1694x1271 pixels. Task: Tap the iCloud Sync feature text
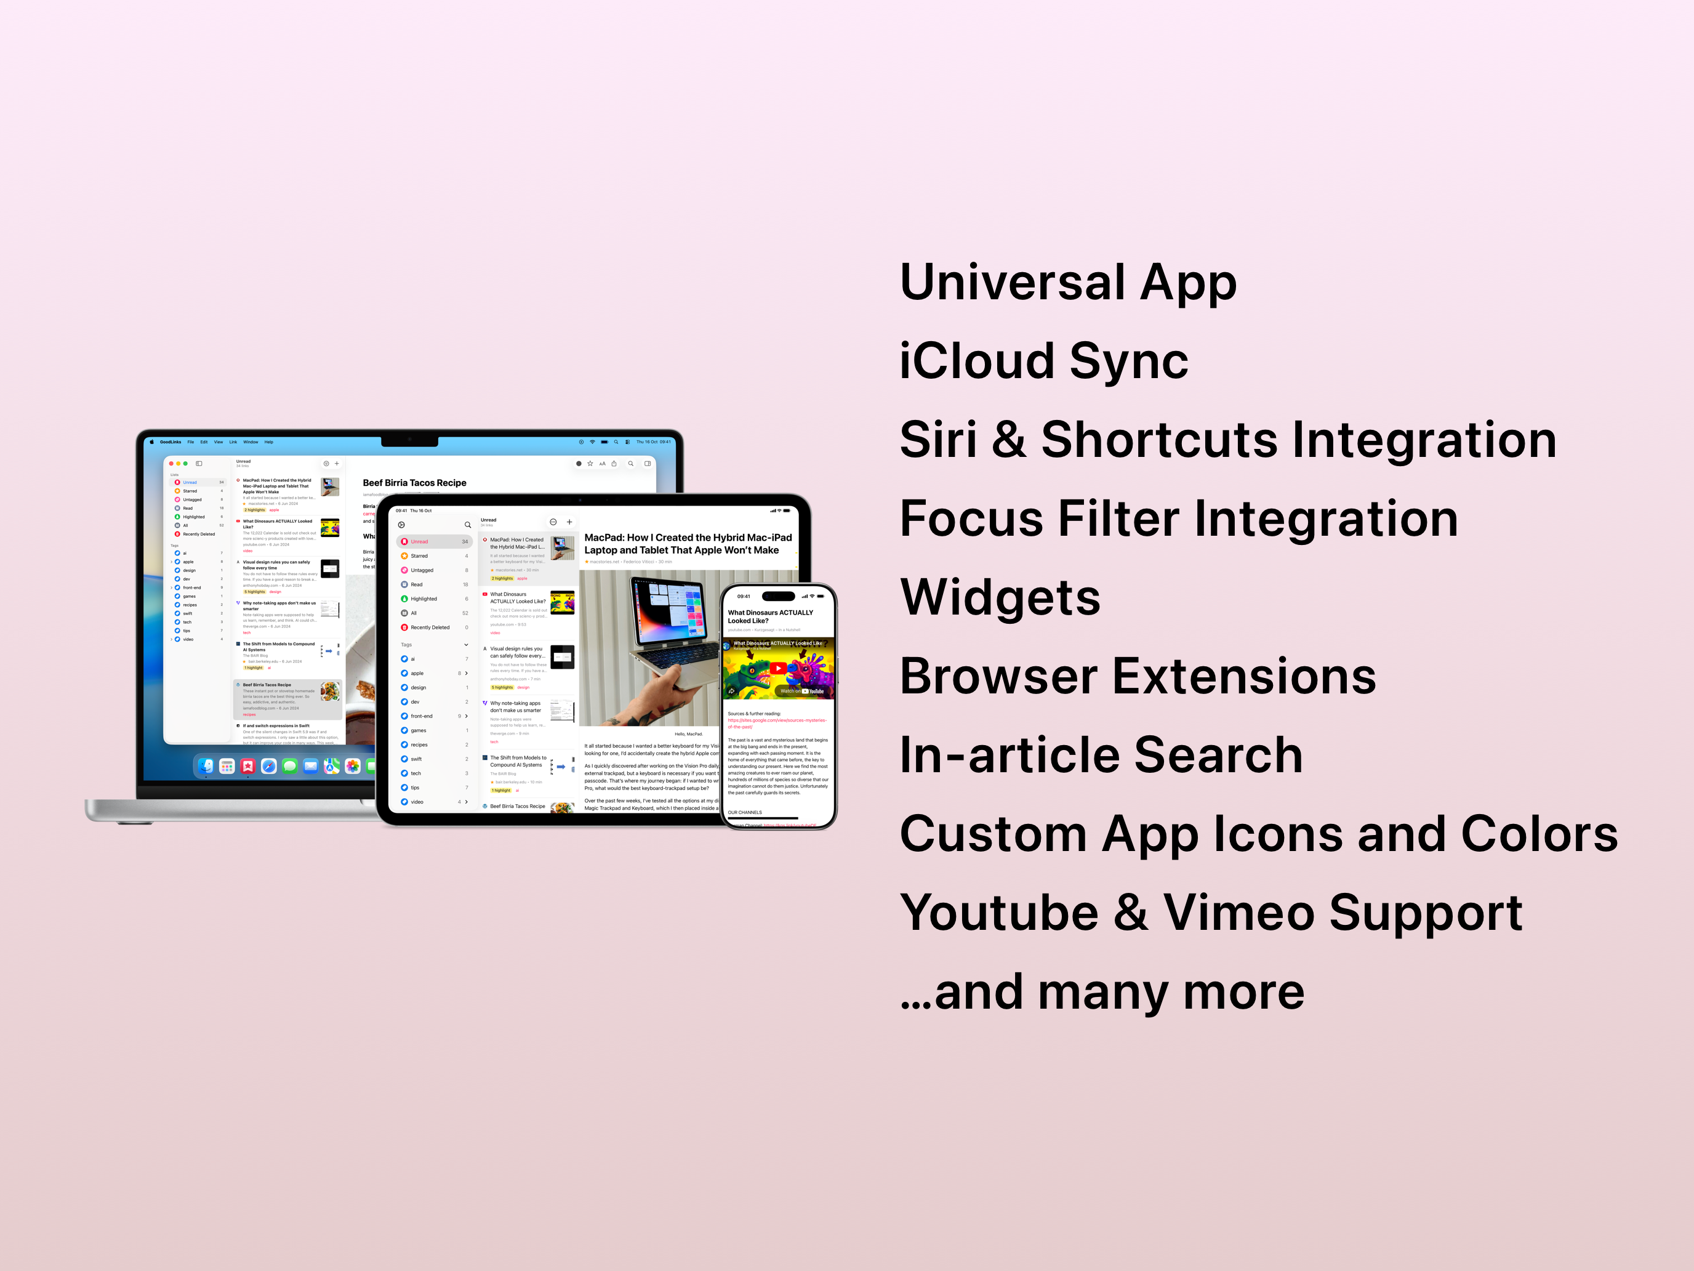click(1043, 361)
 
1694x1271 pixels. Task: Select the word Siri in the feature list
click(938, 440)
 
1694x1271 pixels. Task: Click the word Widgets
click(1000, 597)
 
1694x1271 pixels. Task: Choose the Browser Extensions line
click(1138, 677)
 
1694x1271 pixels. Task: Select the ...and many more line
click(1102, 992)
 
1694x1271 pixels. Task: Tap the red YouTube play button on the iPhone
click(777, 668)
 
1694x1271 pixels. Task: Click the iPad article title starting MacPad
click(688, 544)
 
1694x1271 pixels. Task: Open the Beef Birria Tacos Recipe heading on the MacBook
click(414, 483)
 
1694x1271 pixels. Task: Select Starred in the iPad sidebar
click(419, 556)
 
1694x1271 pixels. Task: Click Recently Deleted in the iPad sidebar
click(430, 627)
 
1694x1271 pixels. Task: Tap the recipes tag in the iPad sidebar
click(419, 744)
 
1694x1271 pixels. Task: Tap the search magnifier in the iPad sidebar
click(468, 525)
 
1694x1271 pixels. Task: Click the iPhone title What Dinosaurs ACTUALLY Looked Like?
click(771, 617)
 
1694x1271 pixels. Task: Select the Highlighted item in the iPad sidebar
click(423, 599)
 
